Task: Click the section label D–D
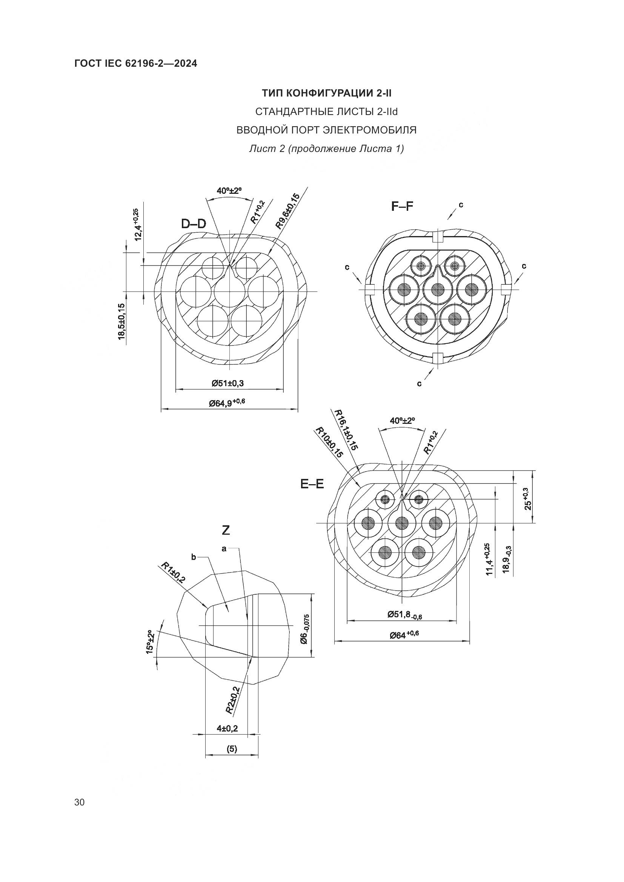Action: (193, 224)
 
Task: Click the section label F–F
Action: (402, 206)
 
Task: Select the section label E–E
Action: (312, 485)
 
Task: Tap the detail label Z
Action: (226, 531)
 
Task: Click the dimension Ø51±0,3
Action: (228, 383)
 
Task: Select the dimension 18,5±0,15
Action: (121, 321)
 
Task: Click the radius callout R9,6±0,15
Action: (287, 211)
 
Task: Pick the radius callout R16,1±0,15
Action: (347, 429)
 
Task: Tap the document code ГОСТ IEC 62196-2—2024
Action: (136, 63)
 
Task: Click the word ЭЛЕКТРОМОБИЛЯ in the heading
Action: (370, 130)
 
